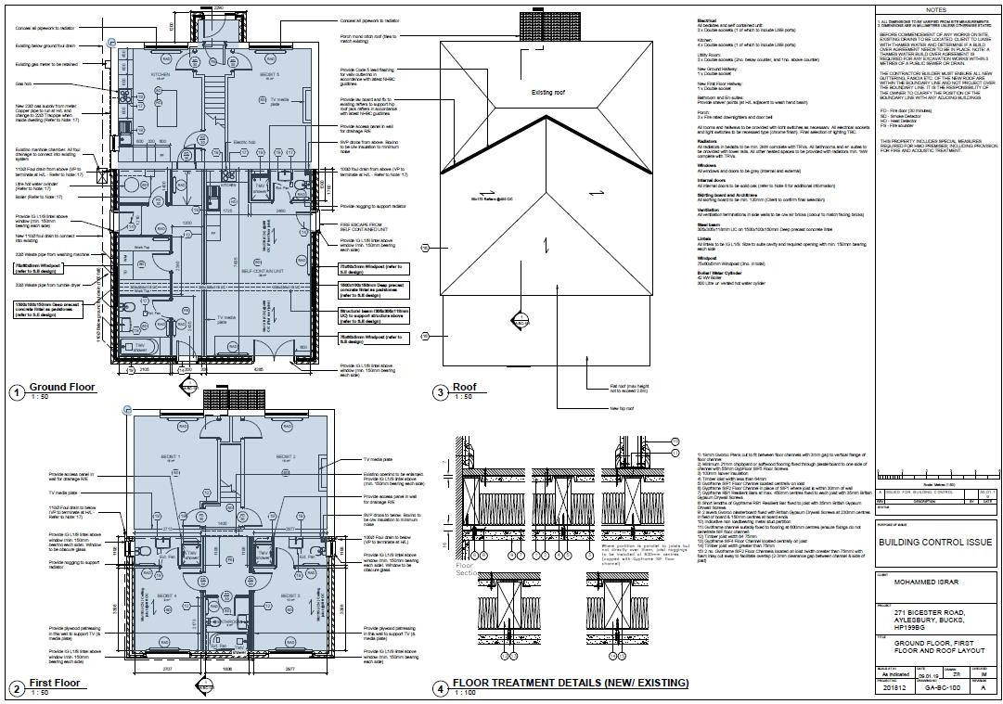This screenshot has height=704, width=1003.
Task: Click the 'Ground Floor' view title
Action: click(61, 387)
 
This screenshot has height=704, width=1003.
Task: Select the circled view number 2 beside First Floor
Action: click(16, 688)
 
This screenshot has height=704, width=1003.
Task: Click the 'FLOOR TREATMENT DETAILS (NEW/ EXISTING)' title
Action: click(570, 684)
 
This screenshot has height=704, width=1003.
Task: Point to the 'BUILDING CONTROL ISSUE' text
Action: click(935, 543)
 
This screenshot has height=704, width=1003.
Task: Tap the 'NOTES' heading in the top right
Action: click(936, 10)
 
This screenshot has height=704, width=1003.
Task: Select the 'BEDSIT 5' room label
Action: click(270, 72)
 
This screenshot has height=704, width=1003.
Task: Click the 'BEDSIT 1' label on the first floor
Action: click(172, 457)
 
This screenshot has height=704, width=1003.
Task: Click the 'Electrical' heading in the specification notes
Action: click(706, 19)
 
